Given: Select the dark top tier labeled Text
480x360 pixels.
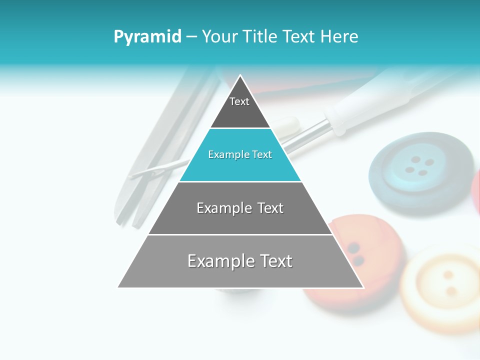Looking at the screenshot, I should click(240, 107).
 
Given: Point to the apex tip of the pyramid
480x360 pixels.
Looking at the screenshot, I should click(240, 76).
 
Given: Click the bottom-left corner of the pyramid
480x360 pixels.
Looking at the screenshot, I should click(119, 287).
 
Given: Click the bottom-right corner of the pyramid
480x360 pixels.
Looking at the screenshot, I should click(362, 287).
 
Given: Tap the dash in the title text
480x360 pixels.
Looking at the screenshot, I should click(191, 37).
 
